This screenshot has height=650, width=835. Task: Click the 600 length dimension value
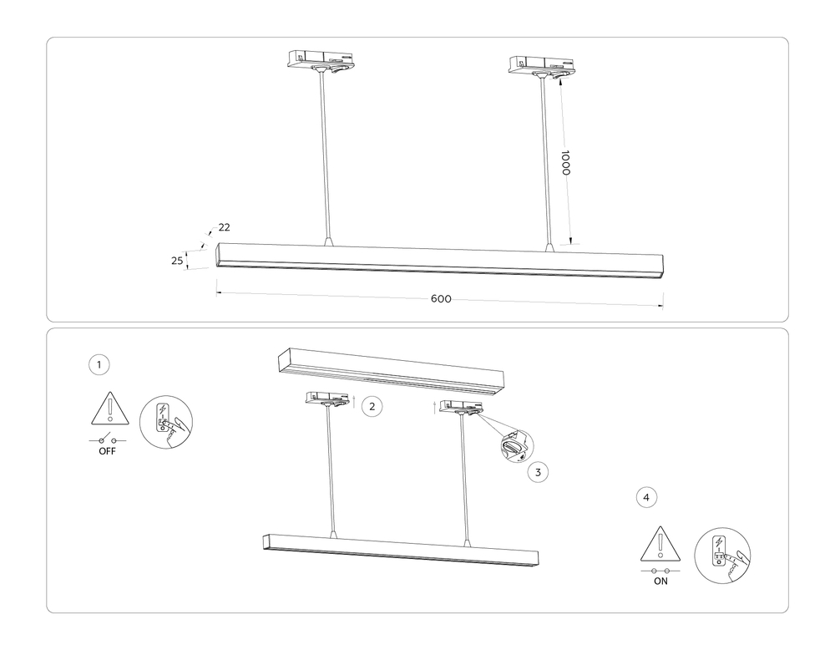click(441, 299)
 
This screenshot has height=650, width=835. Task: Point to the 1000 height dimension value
click(565, 163)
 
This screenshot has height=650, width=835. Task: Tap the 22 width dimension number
click(224, 227)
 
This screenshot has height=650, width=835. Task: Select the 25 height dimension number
click(177, 261)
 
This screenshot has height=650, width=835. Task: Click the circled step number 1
click(99, 364)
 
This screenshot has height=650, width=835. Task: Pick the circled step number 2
click(372, 407)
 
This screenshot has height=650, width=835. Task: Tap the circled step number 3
click(539, 472)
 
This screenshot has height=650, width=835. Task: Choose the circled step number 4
click(645, 497)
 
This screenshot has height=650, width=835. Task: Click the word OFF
click(107, 451)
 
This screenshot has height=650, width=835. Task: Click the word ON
click(660, 581)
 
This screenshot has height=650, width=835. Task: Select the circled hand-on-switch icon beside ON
click(723, 555)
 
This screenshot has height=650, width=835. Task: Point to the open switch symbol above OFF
click(107, 439)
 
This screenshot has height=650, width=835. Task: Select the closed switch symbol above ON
click(660, 570)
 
